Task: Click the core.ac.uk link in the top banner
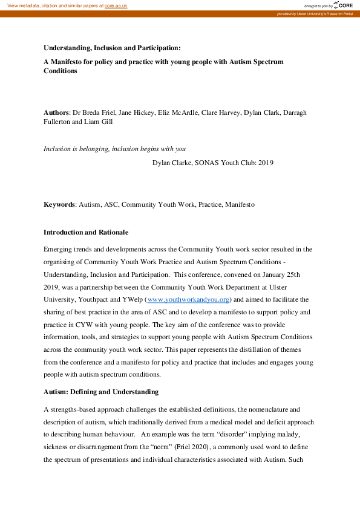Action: (x=116, y=5)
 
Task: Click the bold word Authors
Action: (x=57, y=112)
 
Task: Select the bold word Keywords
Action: (x=59, y=204)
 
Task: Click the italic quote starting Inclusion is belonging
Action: (x=114, y=149)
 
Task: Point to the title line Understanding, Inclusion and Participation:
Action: (x=112, y=48)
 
